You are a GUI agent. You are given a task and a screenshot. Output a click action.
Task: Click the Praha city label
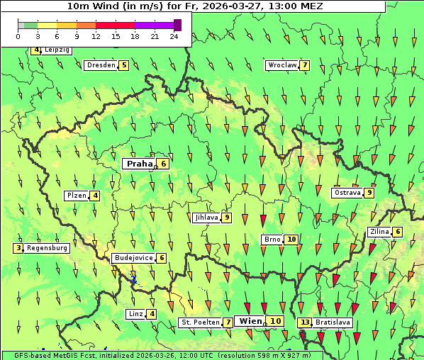pos(138,164)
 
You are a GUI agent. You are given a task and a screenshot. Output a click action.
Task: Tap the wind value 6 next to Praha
pos(164,164)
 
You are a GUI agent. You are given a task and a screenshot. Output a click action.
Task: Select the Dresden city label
pos(100,65)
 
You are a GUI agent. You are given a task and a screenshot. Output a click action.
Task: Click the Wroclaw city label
pos(281,65)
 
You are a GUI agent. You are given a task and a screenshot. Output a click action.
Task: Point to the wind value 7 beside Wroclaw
pos(305,65)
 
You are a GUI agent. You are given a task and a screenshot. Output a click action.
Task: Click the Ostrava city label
pos(347,193)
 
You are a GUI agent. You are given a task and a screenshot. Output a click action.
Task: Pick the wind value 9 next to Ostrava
pos(369,193)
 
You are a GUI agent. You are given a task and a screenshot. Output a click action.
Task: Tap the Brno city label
pos(272,240)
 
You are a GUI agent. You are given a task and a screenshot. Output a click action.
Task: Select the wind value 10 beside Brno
pos(291,240)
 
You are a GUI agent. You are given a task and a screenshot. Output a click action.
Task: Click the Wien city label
pos(251,321)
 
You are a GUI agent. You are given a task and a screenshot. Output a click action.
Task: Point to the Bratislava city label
pos(333,322)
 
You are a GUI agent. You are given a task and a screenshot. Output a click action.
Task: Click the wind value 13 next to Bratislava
pos(305,322)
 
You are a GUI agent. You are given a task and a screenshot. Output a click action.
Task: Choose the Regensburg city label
pos(48,248)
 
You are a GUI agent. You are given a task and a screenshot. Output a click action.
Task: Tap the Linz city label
pos(135,314)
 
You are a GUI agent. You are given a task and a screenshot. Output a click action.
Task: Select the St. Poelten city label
pos(200,322)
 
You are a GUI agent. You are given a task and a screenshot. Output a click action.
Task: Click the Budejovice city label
pos(133,258)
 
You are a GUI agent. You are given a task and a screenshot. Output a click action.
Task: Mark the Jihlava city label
pos(206,218)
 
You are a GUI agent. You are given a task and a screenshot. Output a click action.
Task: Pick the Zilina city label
pos(379,232)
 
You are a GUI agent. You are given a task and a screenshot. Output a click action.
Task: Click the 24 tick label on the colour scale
pos(174,36)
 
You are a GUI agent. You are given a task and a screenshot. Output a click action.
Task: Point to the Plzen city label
pos(76,196)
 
